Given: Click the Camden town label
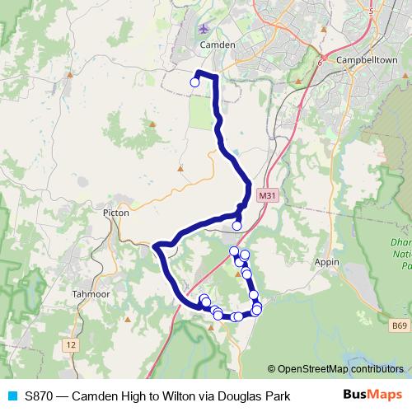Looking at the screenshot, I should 218,44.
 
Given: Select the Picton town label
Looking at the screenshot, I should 113,212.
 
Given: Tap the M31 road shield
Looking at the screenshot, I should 265,195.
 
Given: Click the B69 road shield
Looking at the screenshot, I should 400,327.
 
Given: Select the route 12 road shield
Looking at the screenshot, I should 72,343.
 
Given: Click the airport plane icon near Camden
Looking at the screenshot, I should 205,30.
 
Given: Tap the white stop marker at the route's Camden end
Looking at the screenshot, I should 195,82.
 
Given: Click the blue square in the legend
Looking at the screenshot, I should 12,396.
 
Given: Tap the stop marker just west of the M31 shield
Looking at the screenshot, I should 236,225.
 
